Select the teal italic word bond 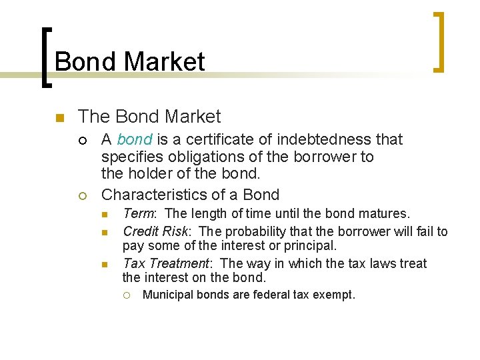[135, 139]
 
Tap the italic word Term [139, 214]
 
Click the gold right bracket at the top [438, 42]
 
